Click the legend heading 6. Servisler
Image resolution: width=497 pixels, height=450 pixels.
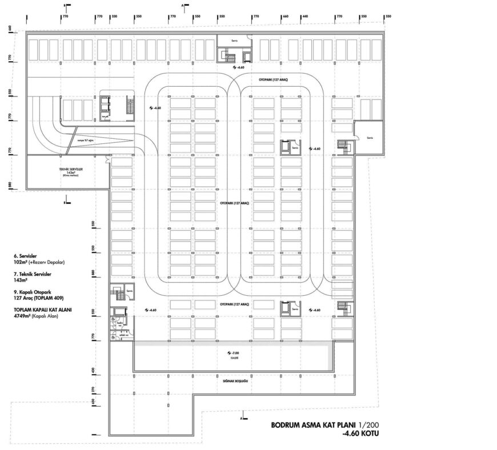click(x=30, y=256)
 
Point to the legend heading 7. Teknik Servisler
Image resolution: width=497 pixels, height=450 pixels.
click(x=37, y=274)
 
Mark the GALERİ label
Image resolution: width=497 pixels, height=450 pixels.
click(x=234, y=359)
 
